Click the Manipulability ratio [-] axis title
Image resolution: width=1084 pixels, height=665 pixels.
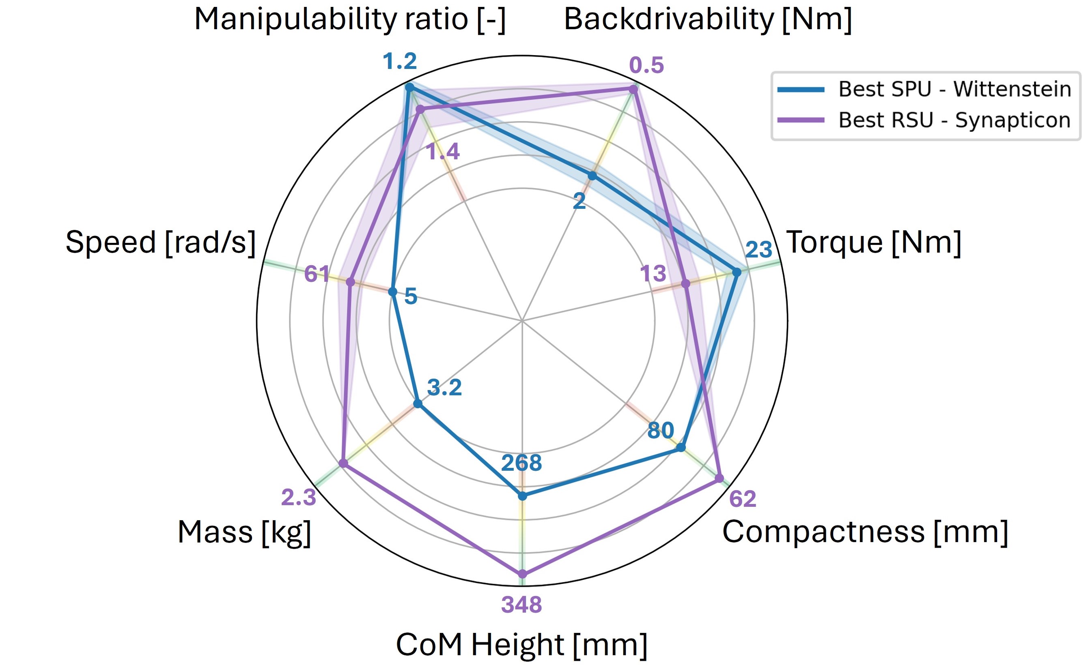(x=350, y=20)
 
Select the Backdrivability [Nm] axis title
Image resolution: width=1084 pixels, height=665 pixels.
(x=708, y=20)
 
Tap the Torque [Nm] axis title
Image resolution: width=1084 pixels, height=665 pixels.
(x=874, y=242)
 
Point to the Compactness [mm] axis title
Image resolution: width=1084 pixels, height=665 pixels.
(x=865, y=532)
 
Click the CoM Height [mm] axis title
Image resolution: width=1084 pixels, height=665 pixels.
(x=522, y=645)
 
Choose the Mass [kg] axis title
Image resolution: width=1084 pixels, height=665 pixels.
(x=244, y=532)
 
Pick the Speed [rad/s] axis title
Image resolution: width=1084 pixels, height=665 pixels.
(x=161, y=242)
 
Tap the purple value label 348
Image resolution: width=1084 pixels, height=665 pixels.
(x=522, y=605)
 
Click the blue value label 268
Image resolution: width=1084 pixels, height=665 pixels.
(x=522, y=463)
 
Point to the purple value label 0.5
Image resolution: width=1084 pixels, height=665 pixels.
(x=646, y=66)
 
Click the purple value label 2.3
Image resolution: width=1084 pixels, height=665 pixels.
(x=299, y=498)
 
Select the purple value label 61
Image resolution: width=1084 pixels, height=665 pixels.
(x=317, y=274)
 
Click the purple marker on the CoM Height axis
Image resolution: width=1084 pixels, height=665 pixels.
(x=522, y=573)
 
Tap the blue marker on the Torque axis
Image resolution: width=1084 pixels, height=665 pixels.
(x=736, y=272)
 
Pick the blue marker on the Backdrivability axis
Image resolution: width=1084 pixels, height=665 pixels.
(x=593, y=176)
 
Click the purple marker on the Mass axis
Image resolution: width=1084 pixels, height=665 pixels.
(x=343, y=463)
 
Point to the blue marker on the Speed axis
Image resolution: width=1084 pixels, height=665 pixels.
(x=392, y=291)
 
